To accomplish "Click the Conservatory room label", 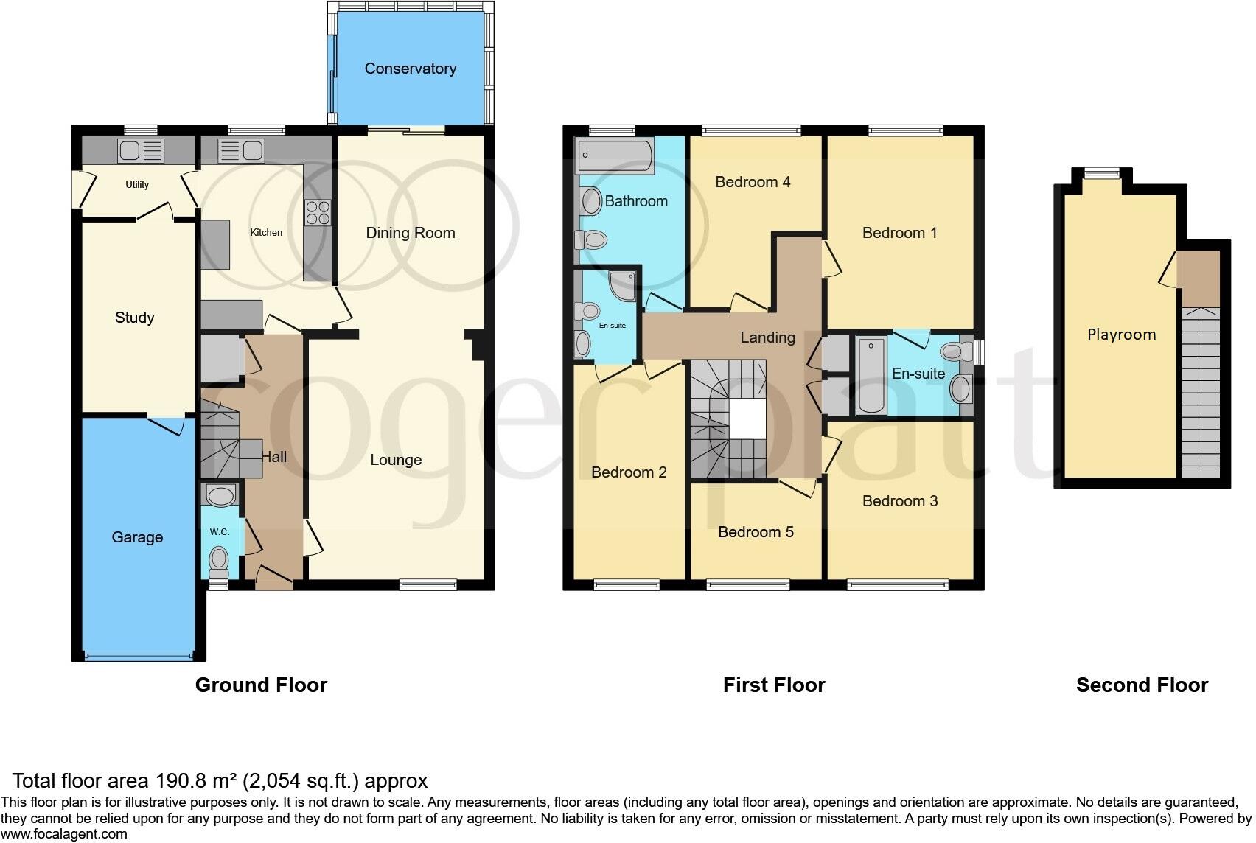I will tap(410, 69).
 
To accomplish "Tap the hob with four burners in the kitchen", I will tap(318, 213).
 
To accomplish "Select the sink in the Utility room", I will tap(140, 151).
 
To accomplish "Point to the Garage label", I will tap(137, 537).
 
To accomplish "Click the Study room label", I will tap(134, 318).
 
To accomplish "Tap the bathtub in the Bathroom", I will tap(615, 156).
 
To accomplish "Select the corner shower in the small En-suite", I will tap(623, 286).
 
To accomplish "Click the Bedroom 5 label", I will tap(756, 532).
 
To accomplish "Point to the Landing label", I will tap(767, 337).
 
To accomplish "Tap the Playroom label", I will tap(1121, 335).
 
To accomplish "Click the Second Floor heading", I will tap(1142, 685).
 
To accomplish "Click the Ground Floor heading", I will tap(261, 685).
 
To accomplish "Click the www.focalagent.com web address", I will tap(64, 834).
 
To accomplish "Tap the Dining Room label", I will tap(411, 233).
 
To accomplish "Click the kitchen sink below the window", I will tap(241, 151).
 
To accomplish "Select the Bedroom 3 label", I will tap(900, 501).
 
